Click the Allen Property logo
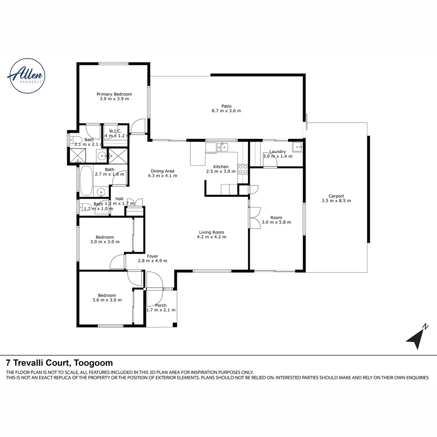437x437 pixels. coord(26,76)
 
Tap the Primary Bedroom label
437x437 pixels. coord(114,94)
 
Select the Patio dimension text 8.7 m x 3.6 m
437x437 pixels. coord(226,111)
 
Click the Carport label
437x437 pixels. coord(336,195)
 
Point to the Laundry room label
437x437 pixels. coord(278,152)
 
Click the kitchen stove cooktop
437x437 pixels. coord(243,169)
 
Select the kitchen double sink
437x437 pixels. coord(222,146)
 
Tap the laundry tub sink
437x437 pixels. coord(297,147)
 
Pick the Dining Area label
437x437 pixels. coord(162,171)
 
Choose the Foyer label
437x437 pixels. coord(153,256)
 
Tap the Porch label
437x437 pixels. coord(161,305)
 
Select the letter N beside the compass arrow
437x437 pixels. coord(425,326)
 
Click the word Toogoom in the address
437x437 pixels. coord(93,363)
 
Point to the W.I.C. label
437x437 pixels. coord(115,131)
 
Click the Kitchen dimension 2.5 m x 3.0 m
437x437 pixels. coord(221,172)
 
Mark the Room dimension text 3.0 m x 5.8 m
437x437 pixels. coord(276,222)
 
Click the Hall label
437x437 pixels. coord(119,199)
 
